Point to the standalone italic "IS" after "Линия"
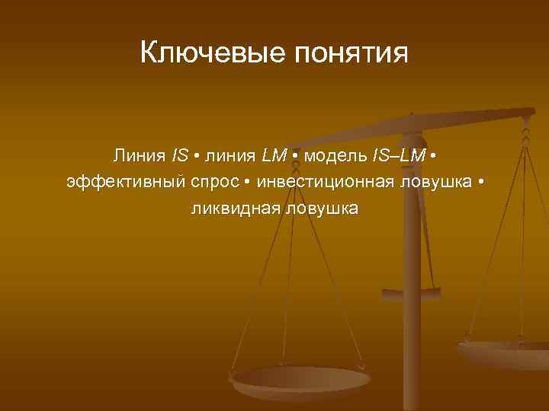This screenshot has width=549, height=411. tap(180, 156)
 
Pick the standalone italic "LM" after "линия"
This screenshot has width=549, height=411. tap(274, 156)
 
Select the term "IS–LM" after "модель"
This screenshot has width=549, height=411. tap(399, 156)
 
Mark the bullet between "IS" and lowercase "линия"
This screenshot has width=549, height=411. tap(197, 157)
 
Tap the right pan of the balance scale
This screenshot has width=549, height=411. tap(507, 354)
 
